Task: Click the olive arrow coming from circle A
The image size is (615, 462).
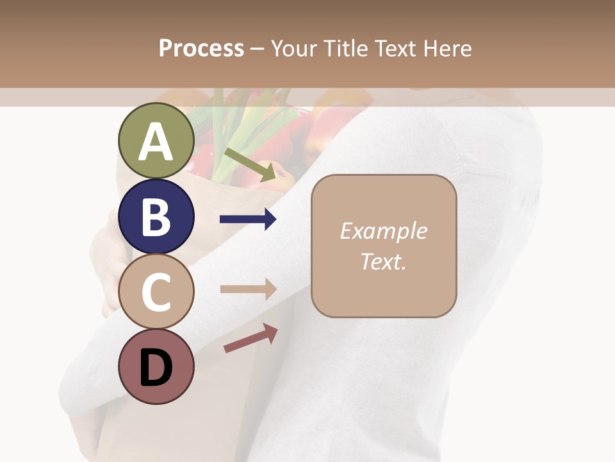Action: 249,164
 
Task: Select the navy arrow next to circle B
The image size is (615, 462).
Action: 248,219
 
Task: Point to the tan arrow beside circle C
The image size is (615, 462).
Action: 248,289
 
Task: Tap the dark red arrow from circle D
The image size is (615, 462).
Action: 250,338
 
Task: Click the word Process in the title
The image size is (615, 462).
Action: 201,48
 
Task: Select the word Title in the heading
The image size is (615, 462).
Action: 346,48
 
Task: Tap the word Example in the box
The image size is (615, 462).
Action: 383,231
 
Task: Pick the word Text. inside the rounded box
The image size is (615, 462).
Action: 383,261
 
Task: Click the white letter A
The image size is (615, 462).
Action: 156,142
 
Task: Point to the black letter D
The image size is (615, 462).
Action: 156,368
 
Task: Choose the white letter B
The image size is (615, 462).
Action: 156,217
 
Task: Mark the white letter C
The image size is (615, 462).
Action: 156,293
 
